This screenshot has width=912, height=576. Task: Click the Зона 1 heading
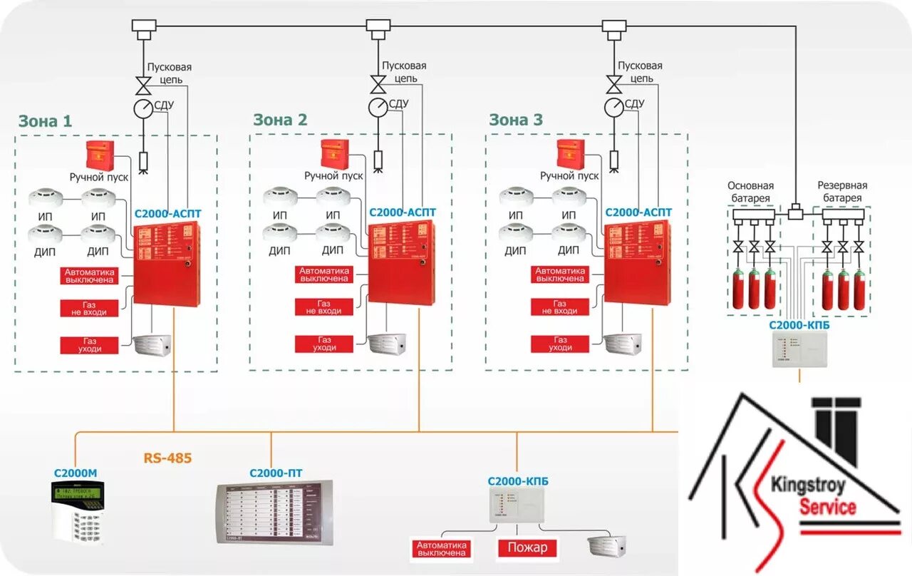click(x=45, y=120)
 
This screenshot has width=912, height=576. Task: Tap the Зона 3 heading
click(x=516, y=120)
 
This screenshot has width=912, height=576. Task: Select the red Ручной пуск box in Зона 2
click(x=335, y=155)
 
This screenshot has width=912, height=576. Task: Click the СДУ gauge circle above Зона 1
click(x=143, y=108)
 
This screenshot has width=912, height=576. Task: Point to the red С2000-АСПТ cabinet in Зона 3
click(x=638, y=263)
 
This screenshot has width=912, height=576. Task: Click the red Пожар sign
click(x=527, y=547)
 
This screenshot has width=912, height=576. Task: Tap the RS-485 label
click(x=167, y=458)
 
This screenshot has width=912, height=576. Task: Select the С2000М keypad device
click(x=78, y=509)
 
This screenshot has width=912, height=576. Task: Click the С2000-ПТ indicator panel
click(x=274, y=512)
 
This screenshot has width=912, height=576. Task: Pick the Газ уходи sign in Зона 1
click(x=89, y=345)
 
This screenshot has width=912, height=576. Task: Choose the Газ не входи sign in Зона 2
click(x=324, y=307)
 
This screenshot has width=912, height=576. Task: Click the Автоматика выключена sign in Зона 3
click(x=560, y=275)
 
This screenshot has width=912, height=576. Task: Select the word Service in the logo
click(x=827, y=508)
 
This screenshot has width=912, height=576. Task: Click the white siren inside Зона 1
click(x=152, y=345)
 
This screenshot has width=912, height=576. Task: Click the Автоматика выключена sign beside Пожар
click(x=442, y=548)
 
